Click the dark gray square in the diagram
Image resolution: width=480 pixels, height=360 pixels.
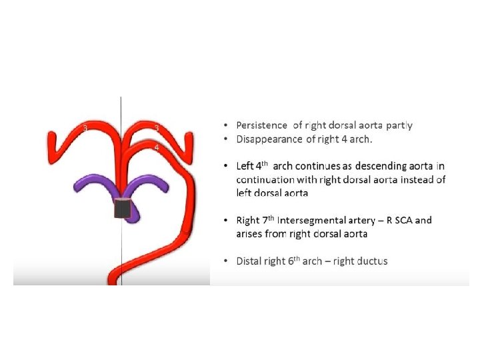(121, 208)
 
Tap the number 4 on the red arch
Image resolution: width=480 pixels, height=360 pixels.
(156, 147)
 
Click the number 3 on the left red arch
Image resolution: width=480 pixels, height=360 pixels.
(85, 127)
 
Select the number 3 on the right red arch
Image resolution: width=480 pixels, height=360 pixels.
(156, 127)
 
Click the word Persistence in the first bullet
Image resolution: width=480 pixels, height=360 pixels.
(262, 125)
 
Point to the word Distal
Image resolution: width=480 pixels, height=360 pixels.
(249, 261)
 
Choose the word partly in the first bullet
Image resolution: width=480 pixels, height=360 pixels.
(398, 125)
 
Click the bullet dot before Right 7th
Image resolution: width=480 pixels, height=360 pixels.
(227, 220)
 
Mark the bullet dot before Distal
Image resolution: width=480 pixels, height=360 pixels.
(227, 261)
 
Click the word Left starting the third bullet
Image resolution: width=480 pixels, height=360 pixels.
(245, 165)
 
